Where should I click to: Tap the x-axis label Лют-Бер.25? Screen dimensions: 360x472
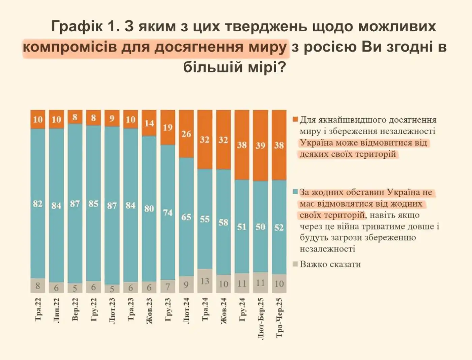coord(261,318)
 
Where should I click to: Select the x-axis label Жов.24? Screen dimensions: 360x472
coord(224,311)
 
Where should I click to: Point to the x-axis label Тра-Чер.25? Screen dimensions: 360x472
coord(279,318)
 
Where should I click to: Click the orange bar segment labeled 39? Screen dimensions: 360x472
coord(260,146)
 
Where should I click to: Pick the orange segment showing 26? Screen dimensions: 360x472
coord(186,134)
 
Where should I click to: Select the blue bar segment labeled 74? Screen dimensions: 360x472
coord(168,212)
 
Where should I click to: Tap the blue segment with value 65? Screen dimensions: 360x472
coord(186,217)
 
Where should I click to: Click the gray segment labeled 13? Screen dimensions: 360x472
coord(205,281)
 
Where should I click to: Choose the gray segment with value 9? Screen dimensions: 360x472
coord(186,284)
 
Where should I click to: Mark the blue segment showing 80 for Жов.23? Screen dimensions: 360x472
coord(149,209)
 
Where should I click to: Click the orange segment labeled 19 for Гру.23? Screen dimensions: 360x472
coord(168,127)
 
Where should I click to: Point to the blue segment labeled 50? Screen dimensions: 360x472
coord(260,227)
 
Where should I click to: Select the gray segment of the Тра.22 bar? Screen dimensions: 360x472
coord(38,286)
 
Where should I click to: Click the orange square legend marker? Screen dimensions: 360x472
coord(295,120)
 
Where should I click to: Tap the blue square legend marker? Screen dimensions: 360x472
coord(295,192)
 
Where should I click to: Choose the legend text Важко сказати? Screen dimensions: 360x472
coord(330,264)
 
